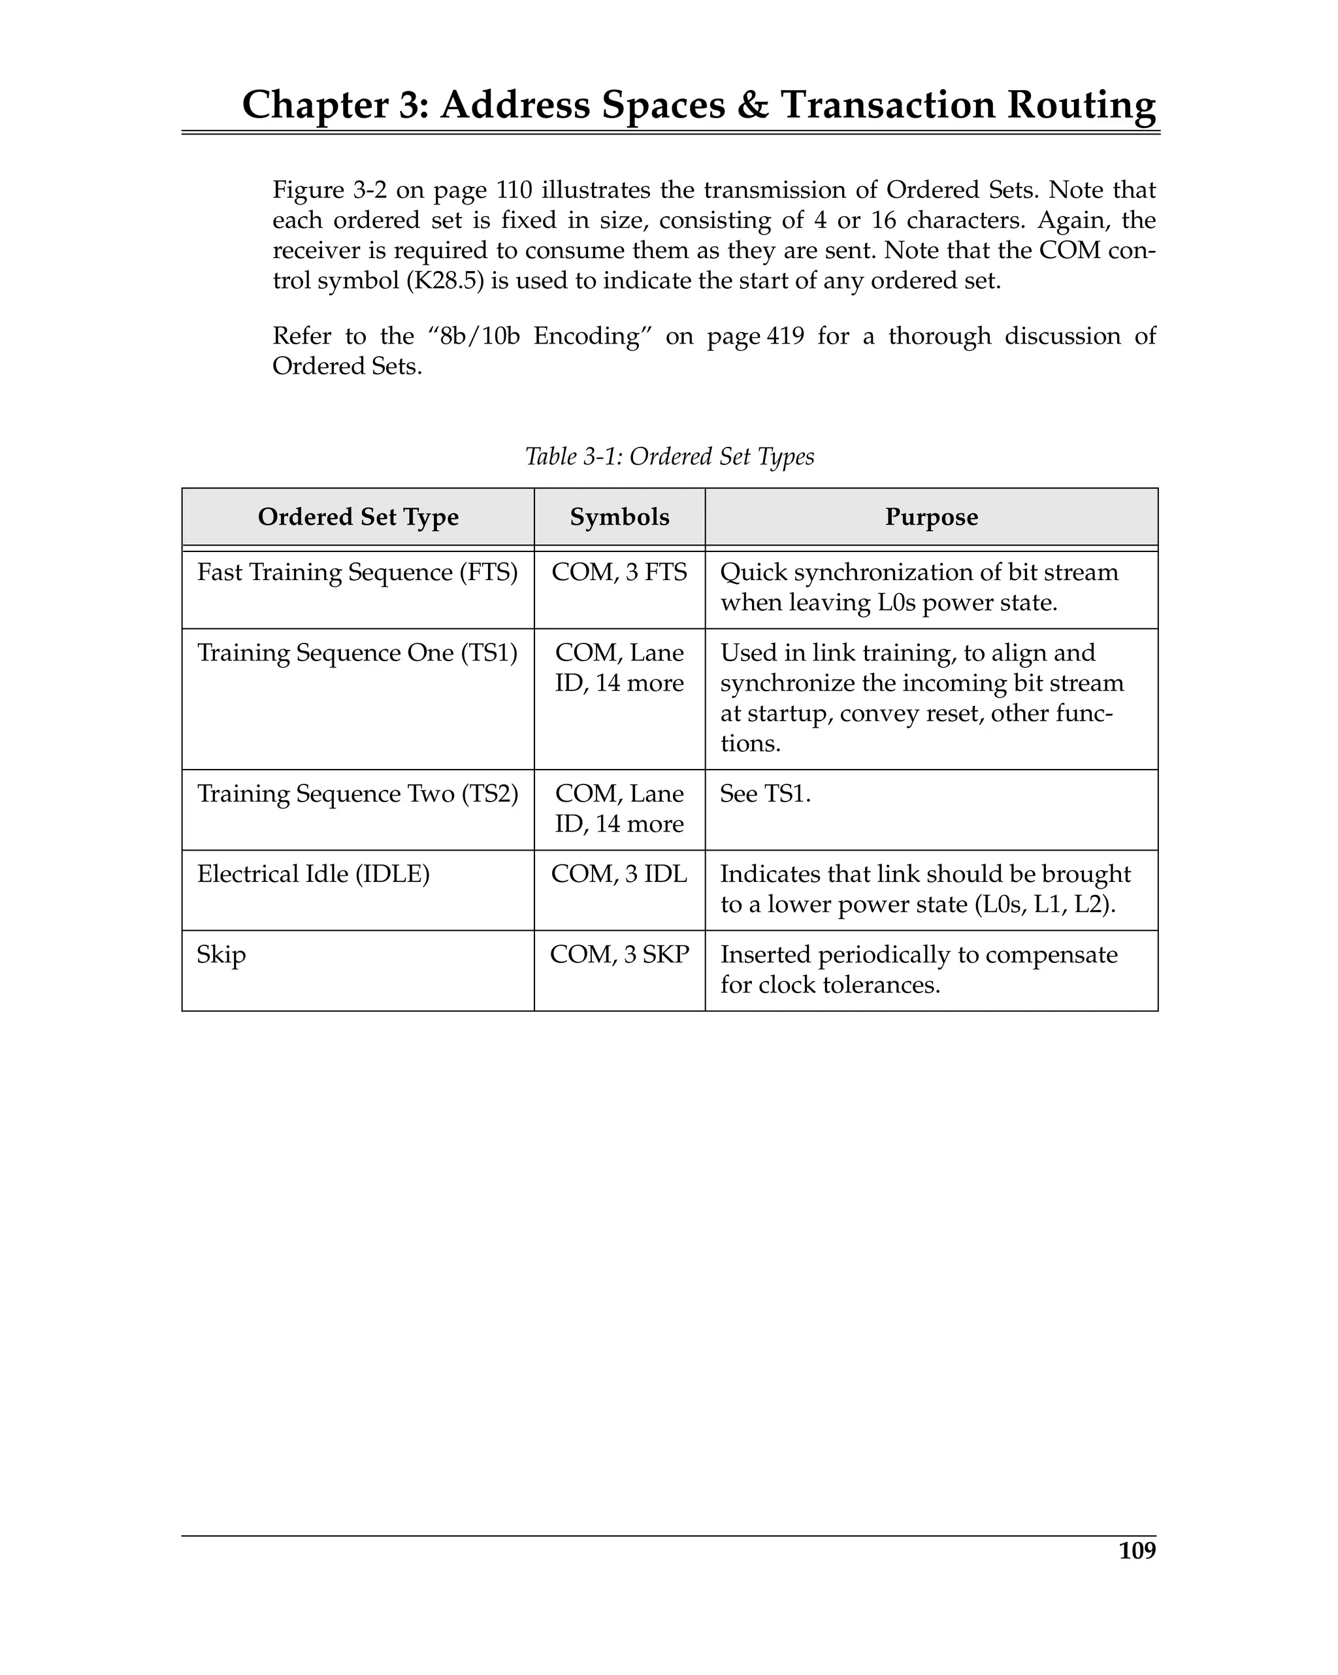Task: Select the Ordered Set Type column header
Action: [358, 517]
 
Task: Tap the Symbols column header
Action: [619, 517]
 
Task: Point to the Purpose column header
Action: [931, 517]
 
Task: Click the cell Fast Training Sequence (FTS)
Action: [357, 572]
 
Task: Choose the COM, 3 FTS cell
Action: [619, 572]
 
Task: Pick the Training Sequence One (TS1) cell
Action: [357, 653]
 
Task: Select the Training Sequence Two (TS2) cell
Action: [357, 793]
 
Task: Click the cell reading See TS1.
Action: [764, 794]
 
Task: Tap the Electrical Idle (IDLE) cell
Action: [313, 874]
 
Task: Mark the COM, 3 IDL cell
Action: [619, 874]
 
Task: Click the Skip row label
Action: [221, 955]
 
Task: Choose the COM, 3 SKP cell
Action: [619, 955]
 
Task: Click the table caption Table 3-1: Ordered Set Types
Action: [669, 456]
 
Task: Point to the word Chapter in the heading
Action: [315, 105]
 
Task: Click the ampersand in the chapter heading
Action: [751, 105]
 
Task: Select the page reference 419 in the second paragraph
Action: [785, 336]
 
